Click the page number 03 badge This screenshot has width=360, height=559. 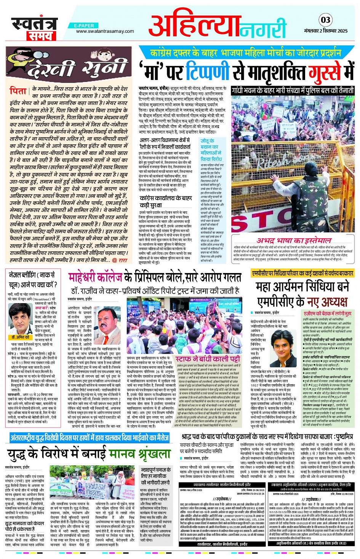(x=326, y=20)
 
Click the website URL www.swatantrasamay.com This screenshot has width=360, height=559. (x=105, y=31)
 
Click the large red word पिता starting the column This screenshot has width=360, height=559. (x=18, y=91)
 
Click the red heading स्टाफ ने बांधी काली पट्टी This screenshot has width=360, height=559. (x=208, y=359)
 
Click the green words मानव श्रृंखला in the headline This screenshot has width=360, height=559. (x=140, y=453)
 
